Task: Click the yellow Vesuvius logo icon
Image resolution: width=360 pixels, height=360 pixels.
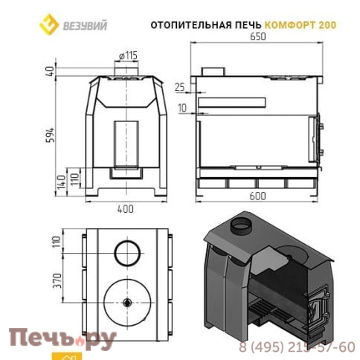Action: tap(49, 24)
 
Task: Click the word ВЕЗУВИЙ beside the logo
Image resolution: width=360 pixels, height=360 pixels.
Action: tap(85, 25)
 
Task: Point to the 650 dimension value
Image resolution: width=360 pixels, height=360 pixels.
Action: tap(258, 36)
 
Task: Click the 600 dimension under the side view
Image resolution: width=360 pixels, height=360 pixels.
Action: tap(257, 196)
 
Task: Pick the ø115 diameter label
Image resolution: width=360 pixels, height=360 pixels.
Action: tap(128, 56)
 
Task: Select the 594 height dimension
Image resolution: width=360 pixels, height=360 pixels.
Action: tap(51, 135)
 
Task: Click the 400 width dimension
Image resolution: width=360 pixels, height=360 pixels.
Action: tap(126, 209)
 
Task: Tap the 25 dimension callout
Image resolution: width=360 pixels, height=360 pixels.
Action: tap(180, 87)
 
